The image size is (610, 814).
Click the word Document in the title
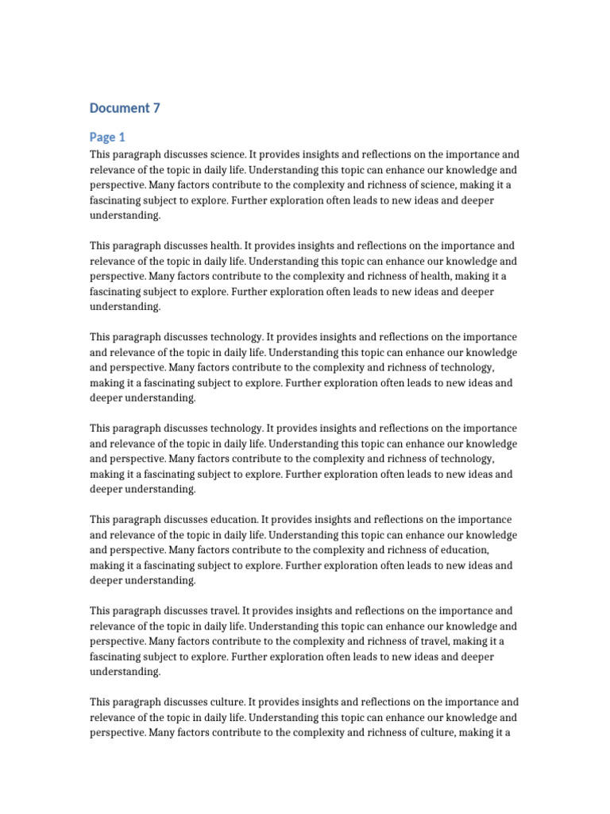click(119, 108)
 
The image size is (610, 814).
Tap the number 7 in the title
click(156, 108)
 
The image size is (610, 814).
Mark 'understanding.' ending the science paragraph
click(125, 215)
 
